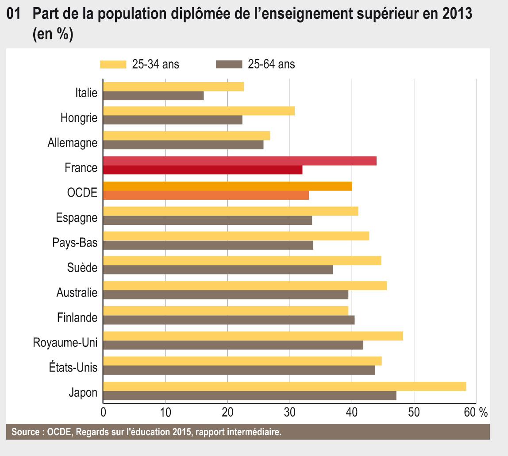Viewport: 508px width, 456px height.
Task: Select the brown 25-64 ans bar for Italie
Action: click(153, 96)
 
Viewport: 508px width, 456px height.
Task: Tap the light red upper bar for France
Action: click(239, 161)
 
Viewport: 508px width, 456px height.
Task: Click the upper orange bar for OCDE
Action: click(227, 186)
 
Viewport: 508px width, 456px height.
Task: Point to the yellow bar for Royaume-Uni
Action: click(253, 336)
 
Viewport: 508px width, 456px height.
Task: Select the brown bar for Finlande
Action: click(228, 320)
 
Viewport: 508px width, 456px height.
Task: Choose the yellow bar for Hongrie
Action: click(199, 111)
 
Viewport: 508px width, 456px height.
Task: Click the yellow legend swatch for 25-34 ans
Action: click(113, 65)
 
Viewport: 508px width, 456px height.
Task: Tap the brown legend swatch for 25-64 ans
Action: click(229, 65)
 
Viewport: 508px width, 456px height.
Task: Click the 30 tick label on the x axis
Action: click(289, 412)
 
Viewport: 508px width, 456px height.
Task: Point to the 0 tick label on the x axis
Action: click(103, 412)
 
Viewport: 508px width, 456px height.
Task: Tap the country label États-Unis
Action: click(73, 367)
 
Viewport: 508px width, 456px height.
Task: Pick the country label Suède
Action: click(82, 268)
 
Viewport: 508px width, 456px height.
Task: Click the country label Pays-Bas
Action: click(74, 243)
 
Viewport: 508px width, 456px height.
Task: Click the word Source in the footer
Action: click(24, 432)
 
